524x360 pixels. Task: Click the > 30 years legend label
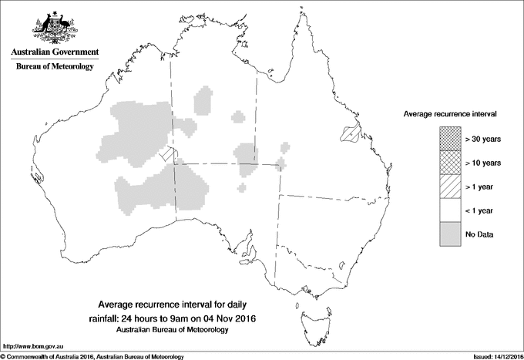tap(484, 139)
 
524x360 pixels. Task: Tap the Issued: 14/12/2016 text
tap(491, 356)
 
